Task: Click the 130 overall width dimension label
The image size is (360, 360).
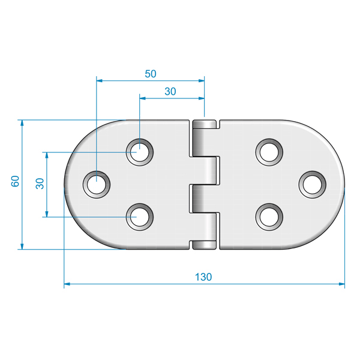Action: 203,277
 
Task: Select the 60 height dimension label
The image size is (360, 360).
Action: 15,181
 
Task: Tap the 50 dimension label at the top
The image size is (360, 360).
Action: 151,74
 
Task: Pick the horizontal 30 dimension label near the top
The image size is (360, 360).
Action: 170,91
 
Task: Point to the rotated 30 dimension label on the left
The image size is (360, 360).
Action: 40,184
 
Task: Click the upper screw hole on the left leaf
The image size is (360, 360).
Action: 140,152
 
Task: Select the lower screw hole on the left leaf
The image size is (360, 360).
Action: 140,217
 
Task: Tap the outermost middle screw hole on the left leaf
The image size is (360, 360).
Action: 97,184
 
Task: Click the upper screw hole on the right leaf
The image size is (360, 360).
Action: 269,152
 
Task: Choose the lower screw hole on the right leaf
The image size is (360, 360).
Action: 269,217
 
